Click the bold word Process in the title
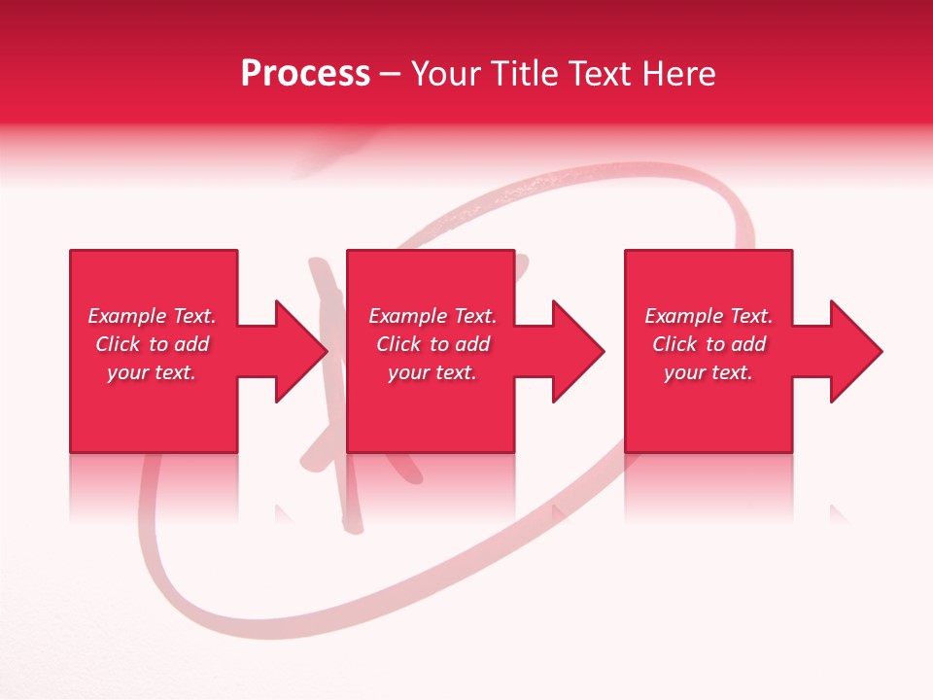(x=305, y=74)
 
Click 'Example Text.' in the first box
(x=152, y=316)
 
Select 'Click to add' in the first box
(x=152, y=344)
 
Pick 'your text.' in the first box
(x=152, y=372)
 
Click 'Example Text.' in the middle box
(x=432, y=316)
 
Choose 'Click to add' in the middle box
(x=432, y=344)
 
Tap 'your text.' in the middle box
(x=432, y=372)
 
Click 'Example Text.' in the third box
(x=708, y=316)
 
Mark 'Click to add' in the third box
(x=708, y=344)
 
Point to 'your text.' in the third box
(x=708, y=372)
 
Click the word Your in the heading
(x=444, y=74)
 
